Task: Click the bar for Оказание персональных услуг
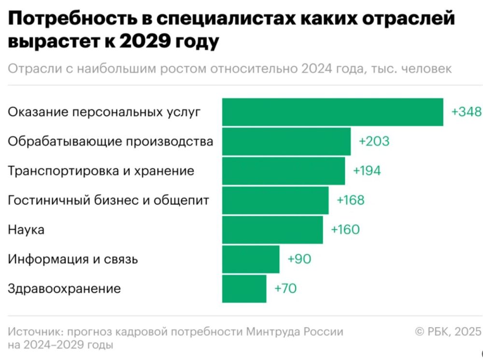click(x=332, y=112)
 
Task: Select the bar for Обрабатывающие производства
click(x=286, y=142)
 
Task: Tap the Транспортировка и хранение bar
click(x=284, y=171)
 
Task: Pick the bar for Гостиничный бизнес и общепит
click(x=275, y=201)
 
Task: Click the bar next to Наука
click(x=272, y=230)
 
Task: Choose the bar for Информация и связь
click(x=251, y=259)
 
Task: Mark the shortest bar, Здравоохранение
click(x=244, y=289)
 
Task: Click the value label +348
click(x=467, y=112)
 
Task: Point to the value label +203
click(x=374, y=142)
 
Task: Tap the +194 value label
click(x=367, y=171)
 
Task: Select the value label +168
click(x=351, y=201)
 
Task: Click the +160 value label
click(x=345, y=230)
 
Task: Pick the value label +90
click(x=299, y=259)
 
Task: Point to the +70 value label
click(x=285, y=289)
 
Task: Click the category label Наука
click(x=26, y=230)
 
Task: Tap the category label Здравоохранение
click(x=64, y=289)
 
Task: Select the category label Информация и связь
click(x=73, y=259)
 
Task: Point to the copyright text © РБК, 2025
click(x=448, y=331)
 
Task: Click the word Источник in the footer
click(x=35, y=332)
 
